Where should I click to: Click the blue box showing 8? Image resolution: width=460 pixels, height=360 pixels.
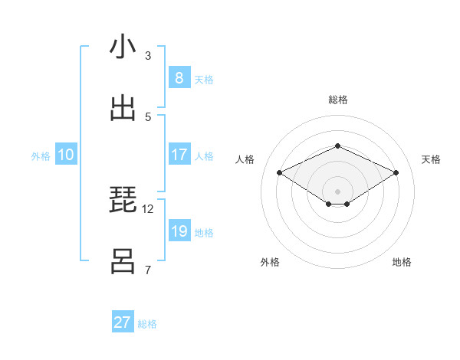pos(179,77)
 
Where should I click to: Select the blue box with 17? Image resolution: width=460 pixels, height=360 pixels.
pos(179,155)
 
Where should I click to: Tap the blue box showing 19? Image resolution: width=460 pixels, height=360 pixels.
pos(179,231)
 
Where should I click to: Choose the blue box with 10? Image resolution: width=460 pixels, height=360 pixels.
pos(66,155)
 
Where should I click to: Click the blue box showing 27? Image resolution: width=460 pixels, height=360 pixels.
pos(123,322)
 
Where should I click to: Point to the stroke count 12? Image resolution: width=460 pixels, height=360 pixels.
pos(148,208)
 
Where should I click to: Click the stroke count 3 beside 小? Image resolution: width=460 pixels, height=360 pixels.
pos(148,55)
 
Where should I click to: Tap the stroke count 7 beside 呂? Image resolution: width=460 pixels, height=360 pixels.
pos(148,270)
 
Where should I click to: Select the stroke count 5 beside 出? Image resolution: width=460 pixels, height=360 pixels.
pos(148,116)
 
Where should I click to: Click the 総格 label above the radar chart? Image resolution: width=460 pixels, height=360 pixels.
pos(337,100)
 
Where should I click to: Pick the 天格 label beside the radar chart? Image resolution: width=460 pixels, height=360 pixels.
pos(431,159)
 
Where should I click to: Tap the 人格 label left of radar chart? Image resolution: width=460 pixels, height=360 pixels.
pos(245,159)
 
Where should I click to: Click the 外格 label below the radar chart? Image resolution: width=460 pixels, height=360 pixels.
pos(270,262)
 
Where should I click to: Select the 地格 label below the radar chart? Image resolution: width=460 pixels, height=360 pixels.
pos(402,262)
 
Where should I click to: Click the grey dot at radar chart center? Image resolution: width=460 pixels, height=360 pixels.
pos(337,191)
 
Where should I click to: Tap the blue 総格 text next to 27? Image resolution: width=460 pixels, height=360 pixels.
pos(147,324)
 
